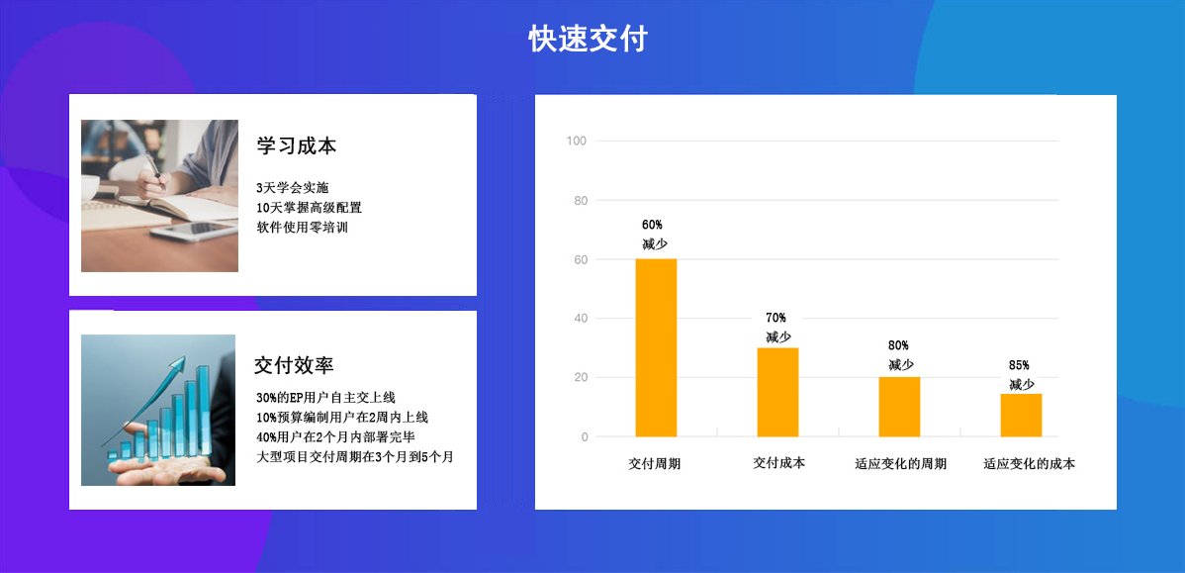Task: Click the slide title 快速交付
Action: point(588,40)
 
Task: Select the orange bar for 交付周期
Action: point(656,347)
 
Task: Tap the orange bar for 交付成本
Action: point(777,392)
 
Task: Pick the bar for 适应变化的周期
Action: point(899,407)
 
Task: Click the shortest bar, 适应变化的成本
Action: point(1021,416)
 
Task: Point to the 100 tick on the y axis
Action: point(577,141)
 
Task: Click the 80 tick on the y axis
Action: point(580,201)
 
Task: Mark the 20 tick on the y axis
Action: point(580,377)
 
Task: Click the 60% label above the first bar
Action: point(652,225)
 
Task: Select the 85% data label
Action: point(1019,365)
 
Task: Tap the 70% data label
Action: point(775,318)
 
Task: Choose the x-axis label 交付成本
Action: point(778,462)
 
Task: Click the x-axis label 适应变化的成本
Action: point(1029,463)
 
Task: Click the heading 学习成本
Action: point(297,145)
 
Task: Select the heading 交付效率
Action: point(294,365)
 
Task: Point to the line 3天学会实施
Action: point(292,188)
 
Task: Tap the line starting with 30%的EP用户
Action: point(325,398)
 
